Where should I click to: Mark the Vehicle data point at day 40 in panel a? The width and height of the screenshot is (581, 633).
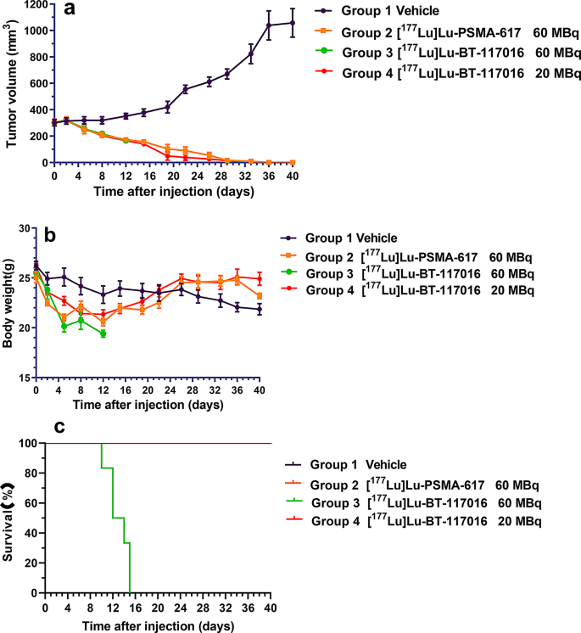[x=293, y=23]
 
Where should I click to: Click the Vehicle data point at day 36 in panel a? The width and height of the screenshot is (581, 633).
[x=270, y=25]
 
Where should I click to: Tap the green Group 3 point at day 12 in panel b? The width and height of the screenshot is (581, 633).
[x=103, y=334]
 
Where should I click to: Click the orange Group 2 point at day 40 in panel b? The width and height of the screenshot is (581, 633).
[x=282, y=296]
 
